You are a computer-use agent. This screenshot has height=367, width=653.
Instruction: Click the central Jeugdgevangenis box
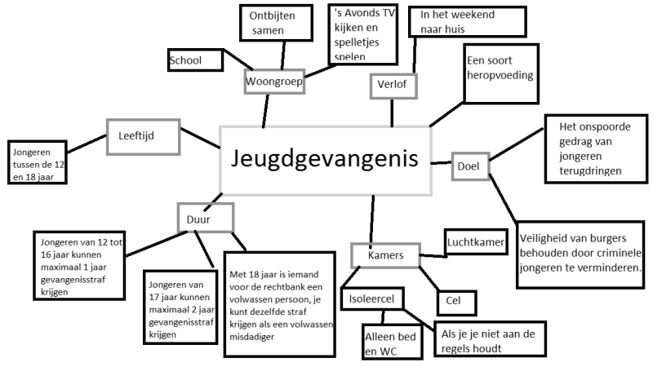325,161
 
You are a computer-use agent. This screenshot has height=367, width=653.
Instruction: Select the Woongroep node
274,82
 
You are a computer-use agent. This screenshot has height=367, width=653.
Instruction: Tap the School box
195,60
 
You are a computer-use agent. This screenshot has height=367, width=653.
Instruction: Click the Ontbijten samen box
276,23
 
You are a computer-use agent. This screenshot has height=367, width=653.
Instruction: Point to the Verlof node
393,86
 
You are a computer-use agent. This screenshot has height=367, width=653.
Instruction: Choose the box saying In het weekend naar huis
468,22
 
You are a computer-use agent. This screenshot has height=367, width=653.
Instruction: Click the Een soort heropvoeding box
501,73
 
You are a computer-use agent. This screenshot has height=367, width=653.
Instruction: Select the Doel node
470,166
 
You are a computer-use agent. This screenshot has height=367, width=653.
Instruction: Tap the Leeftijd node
144,137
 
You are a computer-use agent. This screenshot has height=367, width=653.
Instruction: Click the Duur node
206,218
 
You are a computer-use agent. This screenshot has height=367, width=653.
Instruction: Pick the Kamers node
385,255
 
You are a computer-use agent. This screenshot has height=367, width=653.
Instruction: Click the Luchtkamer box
476,241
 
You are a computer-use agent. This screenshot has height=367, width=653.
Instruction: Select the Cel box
456,301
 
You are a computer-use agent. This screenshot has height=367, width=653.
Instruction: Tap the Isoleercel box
372,298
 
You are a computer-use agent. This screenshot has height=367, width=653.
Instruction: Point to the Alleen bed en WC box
393,342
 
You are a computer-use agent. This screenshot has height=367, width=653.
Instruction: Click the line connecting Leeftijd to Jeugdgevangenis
200,138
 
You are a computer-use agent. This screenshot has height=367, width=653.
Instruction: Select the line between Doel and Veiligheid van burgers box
503,197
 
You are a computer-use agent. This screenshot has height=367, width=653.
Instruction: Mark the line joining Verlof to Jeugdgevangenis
392,113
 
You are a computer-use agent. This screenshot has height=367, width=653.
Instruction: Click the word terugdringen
590,171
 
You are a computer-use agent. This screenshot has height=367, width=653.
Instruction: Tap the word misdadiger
252,337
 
